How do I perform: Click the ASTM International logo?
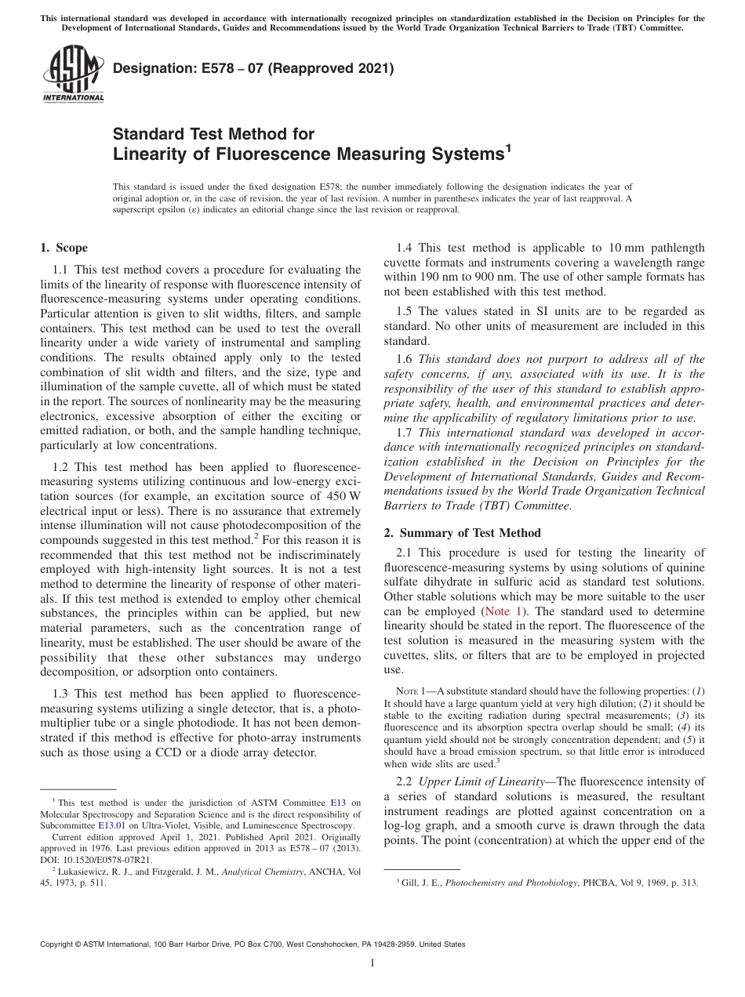72,74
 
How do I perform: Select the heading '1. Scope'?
64,248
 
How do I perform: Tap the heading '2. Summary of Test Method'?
462,532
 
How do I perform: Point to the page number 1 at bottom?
372,963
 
